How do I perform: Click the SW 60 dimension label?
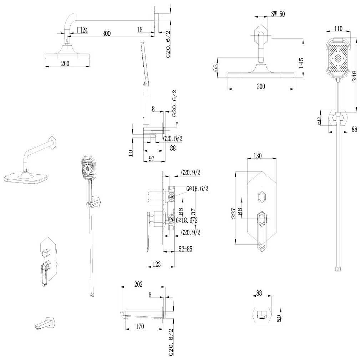point(278,14)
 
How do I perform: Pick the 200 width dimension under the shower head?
point(65,64)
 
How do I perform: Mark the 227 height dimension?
point(233,214)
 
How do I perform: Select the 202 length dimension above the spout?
point(138,284)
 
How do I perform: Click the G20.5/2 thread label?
point(173,139)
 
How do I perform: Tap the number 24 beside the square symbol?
point(85,31)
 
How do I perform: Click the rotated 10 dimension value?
point(131,152)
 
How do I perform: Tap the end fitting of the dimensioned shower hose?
point(337,269)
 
